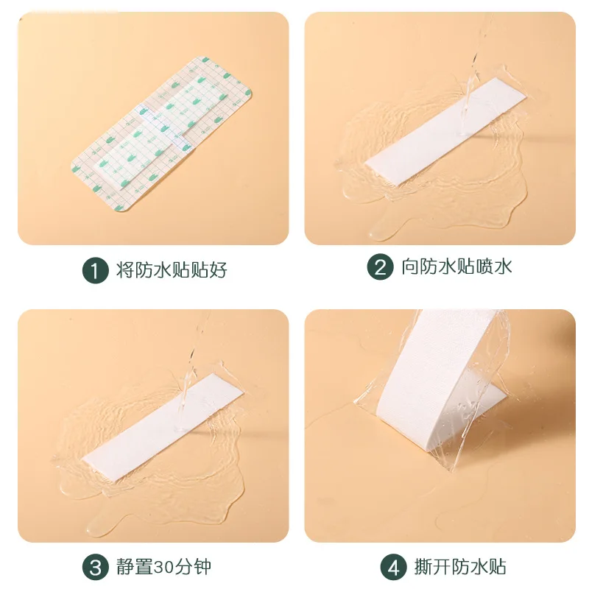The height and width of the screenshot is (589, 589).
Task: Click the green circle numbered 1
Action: [93, 269]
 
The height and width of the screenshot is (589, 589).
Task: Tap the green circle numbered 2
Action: [380, 267]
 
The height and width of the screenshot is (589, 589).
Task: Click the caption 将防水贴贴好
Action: [171, 269]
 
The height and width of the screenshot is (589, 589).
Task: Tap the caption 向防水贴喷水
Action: [456, 267]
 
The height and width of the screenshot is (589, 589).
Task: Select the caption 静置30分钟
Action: [163, 568]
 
